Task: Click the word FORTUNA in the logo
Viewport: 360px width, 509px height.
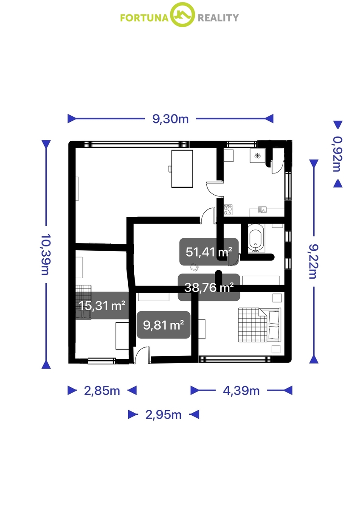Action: pos(144,18)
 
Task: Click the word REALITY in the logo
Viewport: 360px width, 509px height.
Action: pos(218,18)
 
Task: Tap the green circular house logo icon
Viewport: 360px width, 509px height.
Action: pos(183,15)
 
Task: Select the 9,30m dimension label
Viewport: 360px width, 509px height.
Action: pos(170,119)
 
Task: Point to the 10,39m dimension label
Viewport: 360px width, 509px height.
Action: pos(45,254)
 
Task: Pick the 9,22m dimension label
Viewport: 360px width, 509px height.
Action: pos(314,261)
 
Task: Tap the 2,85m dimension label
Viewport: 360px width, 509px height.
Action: pos(102,391)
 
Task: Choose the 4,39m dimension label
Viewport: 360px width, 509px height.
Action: pos(241,391)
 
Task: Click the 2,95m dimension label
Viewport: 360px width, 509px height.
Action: pos(163,415)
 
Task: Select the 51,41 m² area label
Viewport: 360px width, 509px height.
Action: pos(209,252)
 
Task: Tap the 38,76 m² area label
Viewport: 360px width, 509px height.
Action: pos(209,288)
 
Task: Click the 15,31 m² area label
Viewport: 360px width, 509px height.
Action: pos(102,306)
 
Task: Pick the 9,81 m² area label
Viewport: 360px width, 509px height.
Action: pos(163,325)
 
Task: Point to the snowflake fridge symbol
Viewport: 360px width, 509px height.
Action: pos(257,156)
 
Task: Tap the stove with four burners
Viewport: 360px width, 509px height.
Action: pos(228,210)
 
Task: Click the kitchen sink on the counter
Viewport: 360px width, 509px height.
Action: pos(262,210)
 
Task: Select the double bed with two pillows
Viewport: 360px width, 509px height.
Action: pos(259,325)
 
